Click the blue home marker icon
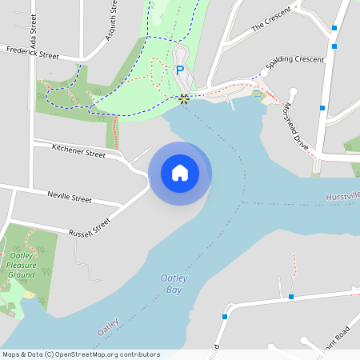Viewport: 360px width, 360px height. tap(180, 173)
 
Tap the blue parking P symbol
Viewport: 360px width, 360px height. tap(180, 70)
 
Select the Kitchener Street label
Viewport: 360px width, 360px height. tap(78, 151)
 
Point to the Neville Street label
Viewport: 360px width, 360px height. tap(70, 196)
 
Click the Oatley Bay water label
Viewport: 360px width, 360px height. tap(174, 283)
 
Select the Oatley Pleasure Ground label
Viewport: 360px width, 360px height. tap(21, 265)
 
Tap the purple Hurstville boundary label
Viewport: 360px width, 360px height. tap(342, 197)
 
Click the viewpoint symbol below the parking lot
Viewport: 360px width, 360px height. tap(184, 98)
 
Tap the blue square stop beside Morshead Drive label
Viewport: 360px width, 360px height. tap(322, 107)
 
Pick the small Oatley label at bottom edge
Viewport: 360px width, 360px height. tap(108, 327)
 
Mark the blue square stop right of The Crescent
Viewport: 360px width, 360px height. tap(334, 27)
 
